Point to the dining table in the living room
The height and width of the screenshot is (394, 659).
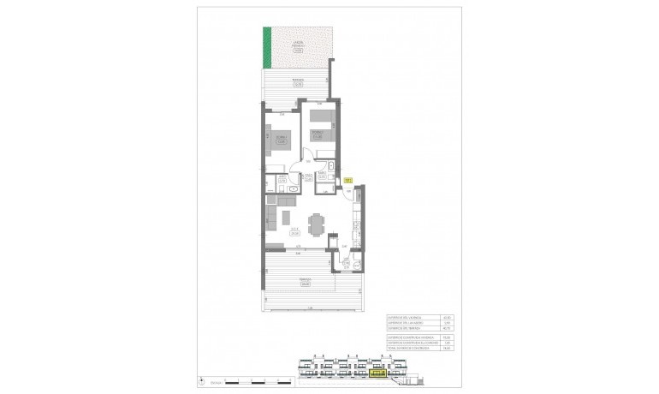click(317, 224)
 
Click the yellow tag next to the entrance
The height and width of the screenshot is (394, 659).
click(348, 180)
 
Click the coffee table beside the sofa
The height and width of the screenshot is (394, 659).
click(287, 218)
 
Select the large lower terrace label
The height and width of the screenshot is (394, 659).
click(306, 280)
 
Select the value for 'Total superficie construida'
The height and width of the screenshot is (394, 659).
click(447, 349)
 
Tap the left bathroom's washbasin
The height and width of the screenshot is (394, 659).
click(292, 188)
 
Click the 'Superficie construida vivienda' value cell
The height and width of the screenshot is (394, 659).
click(447, 337)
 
